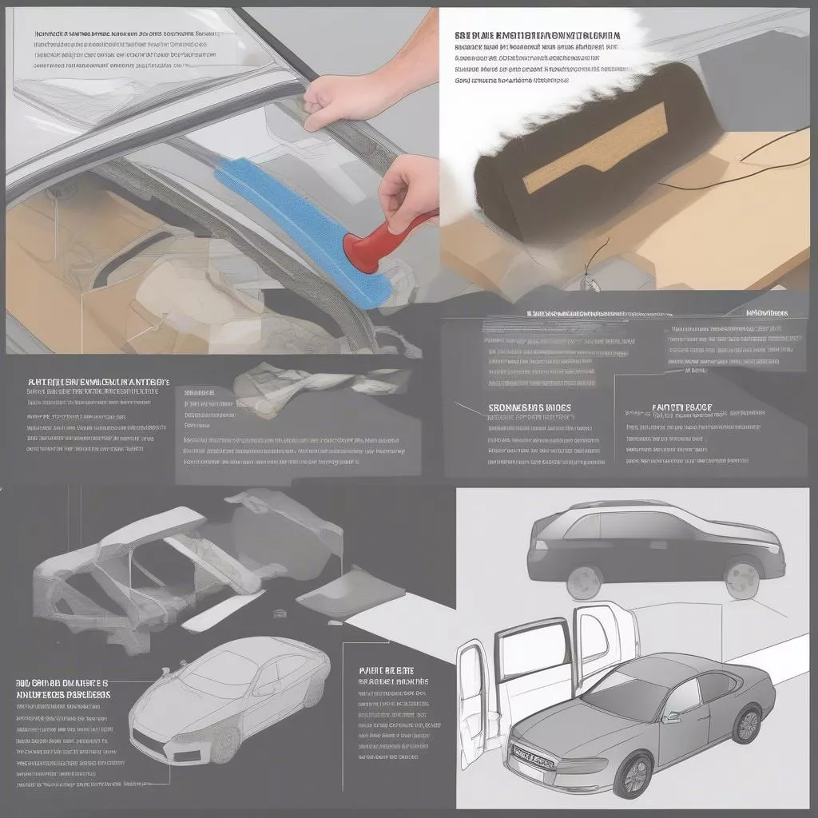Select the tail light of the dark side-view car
point(535,550)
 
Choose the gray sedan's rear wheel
point(747,724)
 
